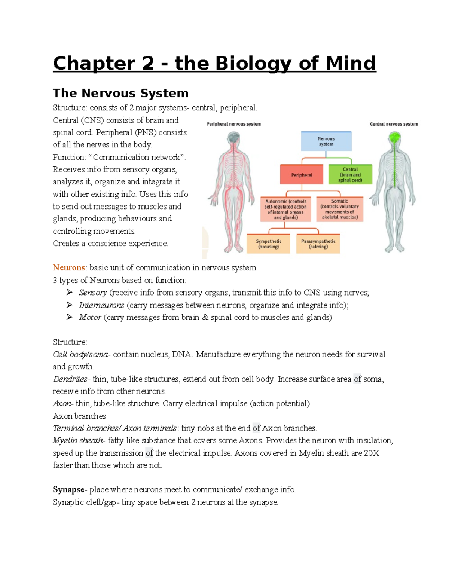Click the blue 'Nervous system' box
(x=326, y=141)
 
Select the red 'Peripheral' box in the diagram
(x=302, y=175)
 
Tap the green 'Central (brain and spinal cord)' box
(x=350, y=175)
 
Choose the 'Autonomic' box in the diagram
(x=285, y=209)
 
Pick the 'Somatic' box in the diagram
(x=339, y=209)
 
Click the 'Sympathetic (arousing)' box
(x=268, y=244)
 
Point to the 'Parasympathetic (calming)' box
(x=318, y=244)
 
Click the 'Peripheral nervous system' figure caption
(x=234, y=124)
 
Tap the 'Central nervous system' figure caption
(x=394, y=124)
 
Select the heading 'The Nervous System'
(x=120, y=93)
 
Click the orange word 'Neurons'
(x=69, y=267)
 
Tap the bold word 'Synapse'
(x=68, y=489)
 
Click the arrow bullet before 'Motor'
(x=69, y=317)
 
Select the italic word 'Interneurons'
(x=101, y=305)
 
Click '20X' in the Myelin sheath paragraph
(x=372, y=453)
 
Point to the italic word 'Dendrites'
(x=70, y=379)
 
